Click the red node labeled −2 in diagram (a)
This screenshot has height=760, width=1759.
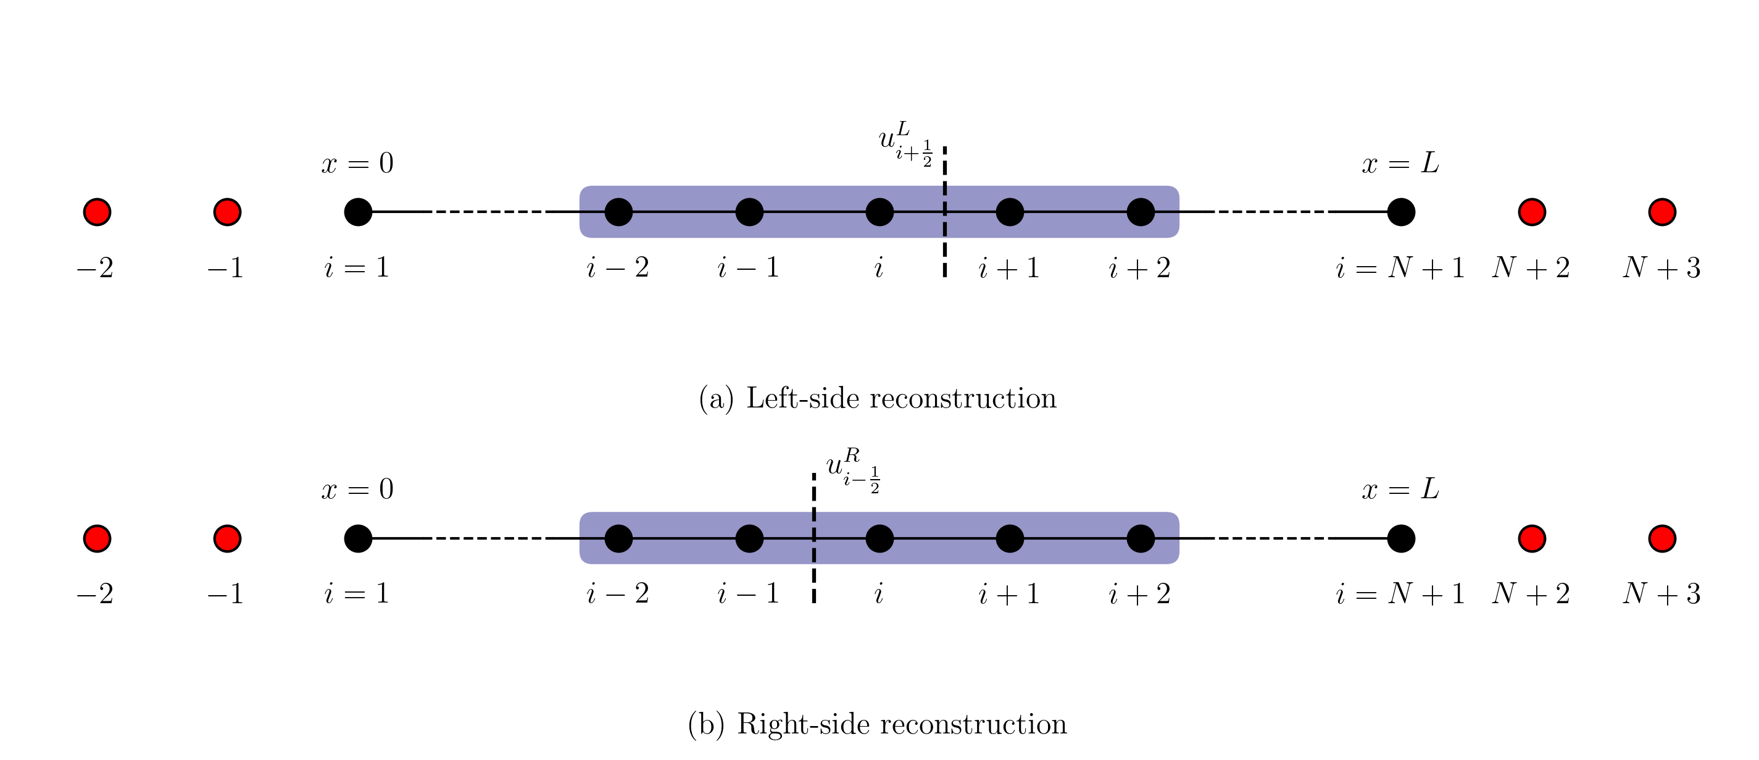pos(97,212)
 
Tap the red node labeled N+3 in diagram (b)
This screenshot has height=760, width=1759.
pos(1661,539)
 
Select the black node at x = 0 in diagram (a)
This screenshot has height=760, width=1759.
pos(358,212)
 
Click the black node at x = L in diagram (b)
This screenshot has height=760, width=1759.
pos(1400,539)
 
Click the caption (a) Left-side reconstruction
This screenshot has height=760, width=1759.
pos(878,398)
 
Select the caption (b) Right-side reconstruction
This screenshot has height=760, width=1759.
pos(878,724)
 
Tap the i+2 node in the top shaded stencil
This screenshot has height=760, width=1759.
pos(1140,212)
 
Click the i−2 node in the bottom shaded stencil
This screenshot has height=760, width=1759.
pos(618,539)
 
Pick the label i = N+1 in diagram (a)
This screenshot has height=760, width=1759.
pos(1400,268)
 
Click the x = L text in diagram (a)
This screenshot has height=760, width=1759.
pos(1400,164)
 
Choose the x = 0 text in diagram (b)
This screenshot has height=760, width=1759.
pos(357,490)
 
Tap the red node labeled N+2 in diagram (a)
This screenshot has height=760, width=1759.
pos(1532,212)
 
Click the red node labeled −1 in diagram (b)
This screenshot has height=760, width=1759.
pos(227,539)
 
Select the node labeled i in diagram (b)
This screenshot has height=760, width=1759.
pos(880,539)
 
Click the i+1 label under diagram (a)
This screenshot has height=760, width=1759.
pos(1008,269)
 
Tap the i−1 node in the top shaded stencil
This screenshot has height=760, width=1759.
pos(749,212)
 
